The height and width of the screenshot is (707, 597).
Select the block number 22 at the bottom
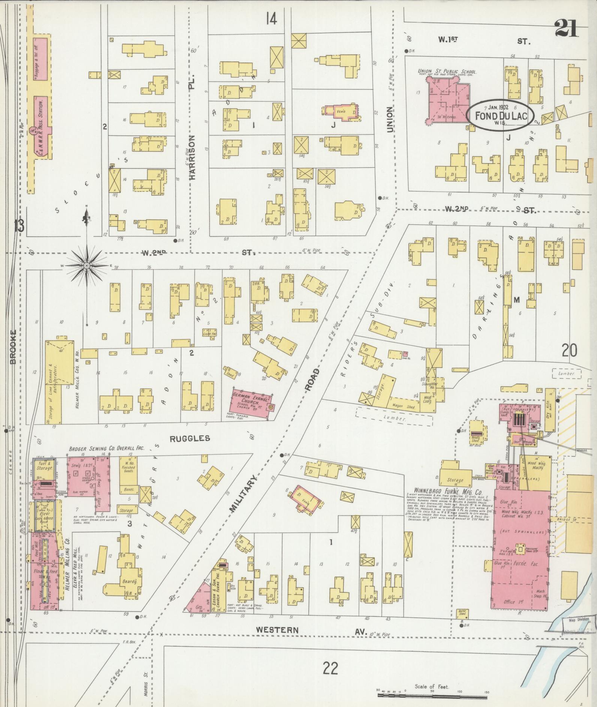point(330,667)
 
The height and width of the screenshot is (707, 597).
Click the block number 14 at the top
point(271,18)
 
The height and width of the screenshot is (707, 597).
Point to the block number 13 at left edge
point(19,226)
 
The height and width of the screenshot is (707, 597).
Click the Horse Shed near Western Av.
point(462,613)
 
